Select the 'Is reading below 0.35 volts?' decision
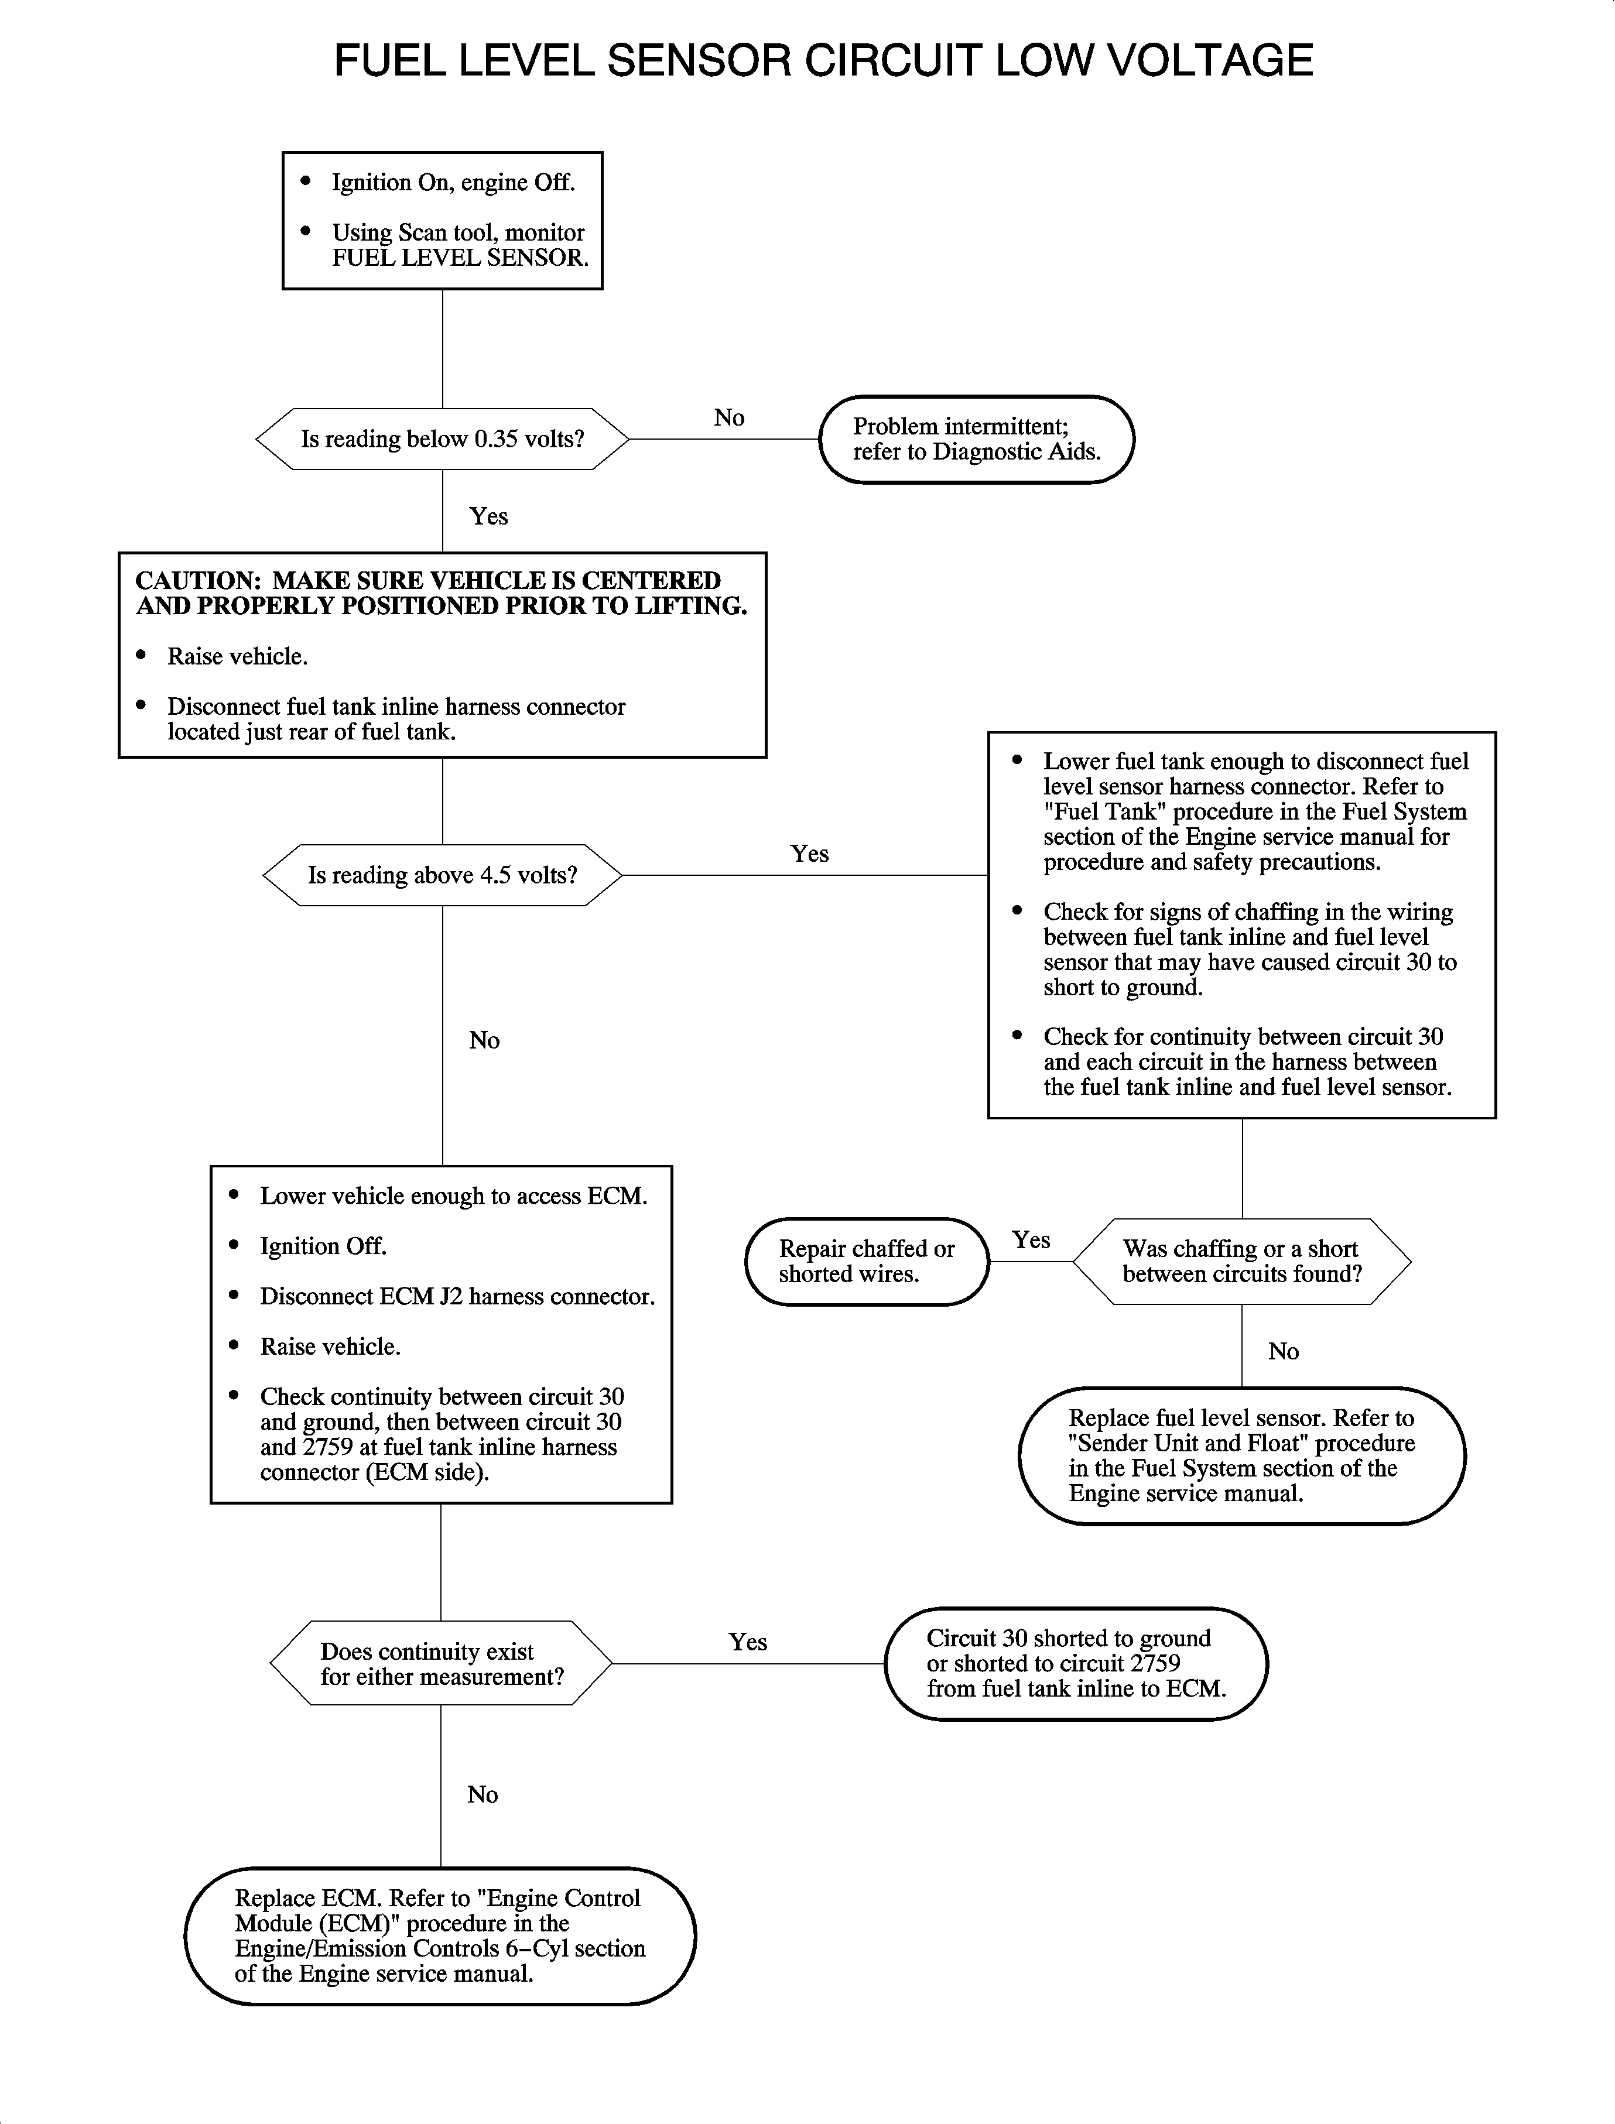442,439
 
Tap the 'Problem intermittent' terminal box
976,439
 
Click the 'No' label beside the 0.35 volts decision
728,417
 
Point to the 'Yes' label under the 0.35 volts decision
488,516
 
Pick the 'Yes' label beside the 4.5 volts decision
809,854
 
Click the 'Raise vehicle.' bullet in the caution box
237,656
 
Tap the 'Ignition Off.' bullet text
323,1246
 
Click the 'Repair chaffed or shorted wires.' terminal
866,1261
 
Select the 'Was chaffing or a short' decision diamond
1241,1261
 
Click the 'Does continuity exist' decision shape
442,1664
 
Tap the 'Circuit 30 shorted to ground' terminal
1076,1664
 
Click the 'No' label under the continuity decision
483,1794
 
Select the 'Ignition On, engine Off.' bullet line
453,183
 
